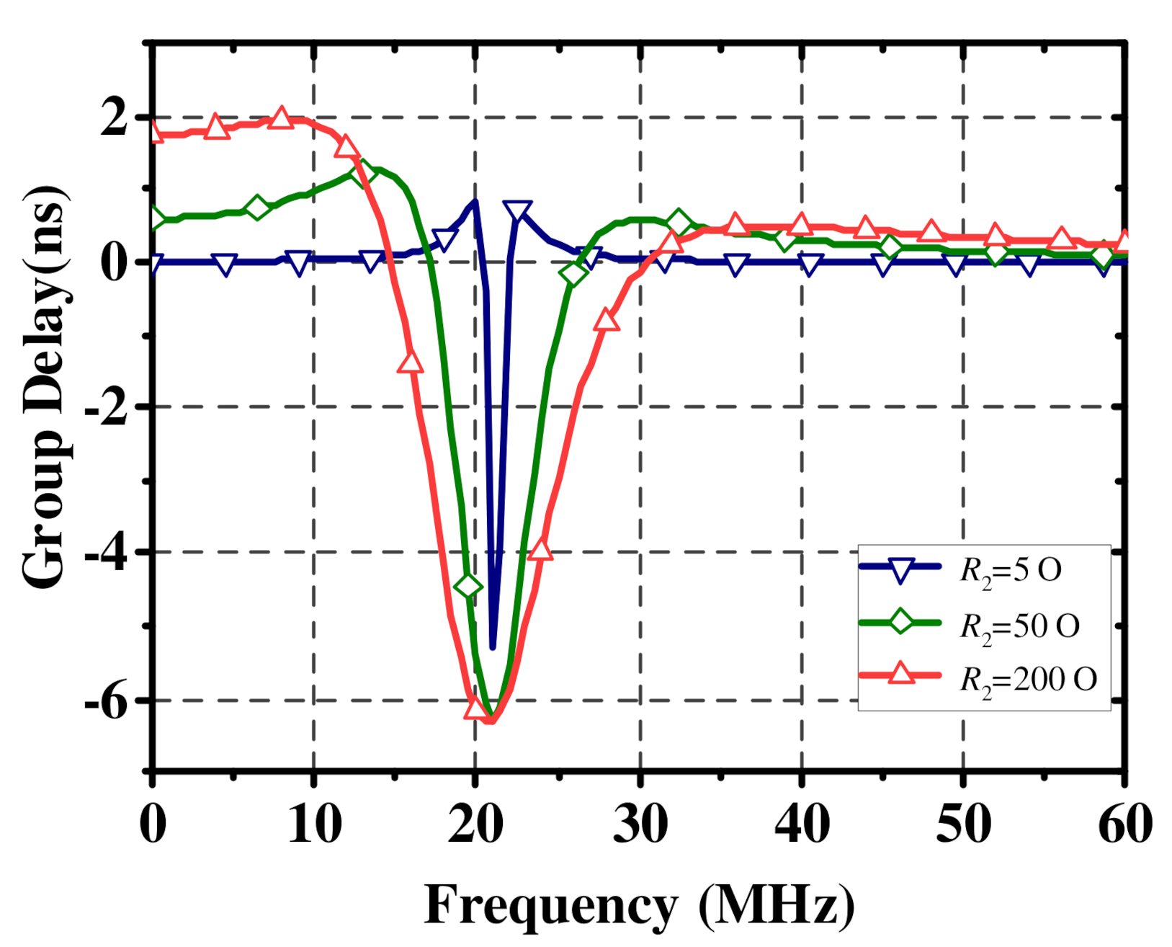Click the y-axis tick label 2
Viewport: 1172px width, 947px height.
114,117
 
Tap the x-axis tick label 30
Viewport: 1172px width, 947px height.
640,824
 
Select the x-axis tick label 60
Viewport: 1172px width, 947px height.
1124,824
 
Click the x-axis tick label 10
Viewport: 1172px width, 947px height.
314,824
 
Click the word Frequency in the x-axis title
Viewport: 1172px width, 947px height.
550,905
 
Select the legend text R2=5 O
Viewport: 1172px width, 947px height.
1011,571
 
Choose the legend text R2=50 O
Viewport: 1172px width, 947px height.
1019,626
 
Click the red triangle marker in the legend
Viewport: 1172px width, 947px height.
900,675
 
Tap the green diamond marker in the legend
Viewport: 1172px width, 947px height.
900,621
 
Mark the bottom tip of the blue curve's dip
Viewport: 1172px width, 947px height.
493,647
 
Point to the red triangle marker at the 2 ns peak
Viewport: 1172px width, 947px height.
281,118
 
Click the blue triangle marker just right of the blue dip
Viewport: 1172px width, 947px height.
518,211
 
